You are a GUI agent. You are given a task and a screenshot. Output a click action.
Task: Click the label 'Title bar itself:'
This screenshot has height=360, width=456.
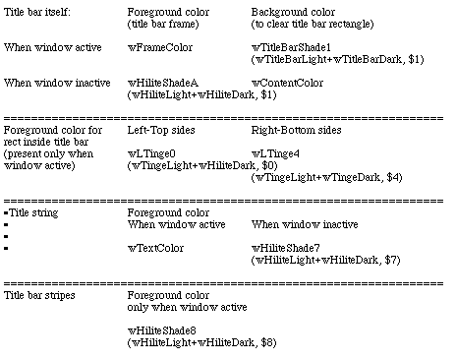[37, 12]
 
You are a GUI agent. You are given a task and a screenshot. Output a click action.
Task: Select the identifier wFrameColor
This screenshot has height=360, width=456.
[160, 47]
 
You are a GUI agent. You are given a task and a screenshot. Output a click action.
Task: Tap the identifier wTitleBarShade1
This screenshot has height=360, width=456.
[291, 47]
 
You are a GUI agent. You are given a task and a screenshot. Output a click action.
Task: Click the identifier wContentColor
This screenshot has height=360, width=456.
[287, 83]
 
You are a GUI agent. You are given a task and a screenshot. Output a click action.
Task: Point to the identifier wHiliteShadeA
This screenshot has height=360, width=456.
[163, 83]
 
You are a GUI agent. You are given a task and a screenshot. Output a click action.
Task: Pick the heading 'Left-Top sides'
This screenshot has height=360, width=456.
[161, 130]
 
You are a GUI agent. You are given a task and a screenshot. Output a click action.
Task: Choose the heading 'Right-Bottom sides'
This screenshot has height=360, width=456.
[296, 130]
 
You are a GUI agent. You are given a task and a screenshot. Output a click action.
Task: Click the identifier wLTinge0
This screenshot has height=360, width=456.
[151, 153]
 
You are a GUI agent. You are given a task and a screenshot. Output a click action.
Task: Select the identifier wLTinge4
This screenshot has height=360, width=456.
[275, 153]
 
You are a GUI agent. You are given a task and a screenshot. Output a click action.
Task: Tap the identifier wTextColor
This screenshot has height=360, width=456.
[155, 248]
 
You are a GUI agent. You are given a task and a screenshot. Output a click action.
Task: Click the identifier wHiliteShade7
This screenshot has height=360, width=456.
[285, 248]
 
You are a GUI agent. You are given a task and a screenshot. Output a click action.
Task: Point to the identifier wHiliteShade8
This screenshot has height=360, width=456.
[161, 330]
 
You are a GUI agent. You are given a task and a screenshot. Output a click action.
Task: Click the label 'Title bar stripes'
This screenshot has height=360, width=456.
[39, 295]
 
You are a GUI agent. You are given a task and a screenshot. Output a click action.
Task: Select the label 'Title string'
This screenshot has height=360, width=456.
[33, 212]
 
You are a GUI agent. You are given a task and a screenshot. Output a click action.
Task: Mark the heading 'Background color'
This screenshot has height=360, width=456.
[293, 12]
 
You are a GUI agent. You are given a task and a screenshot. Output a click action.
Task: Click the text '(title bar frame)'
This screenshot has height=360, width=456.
[163, 24]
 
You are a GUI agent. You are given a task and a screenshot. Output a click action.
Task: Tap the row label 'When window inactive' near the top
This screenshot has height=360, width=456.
[57, 83]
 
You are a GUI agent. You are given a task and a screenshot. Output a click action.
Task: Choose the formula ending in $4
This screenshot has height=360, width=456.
[326, 177]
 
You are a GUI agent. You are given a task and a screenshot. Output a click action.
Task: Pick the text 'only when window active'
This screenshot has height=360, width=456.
[187, 307]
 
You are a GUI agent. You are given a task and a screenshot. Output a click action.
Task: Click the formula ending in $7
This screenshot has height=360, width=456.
[325, 260]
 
